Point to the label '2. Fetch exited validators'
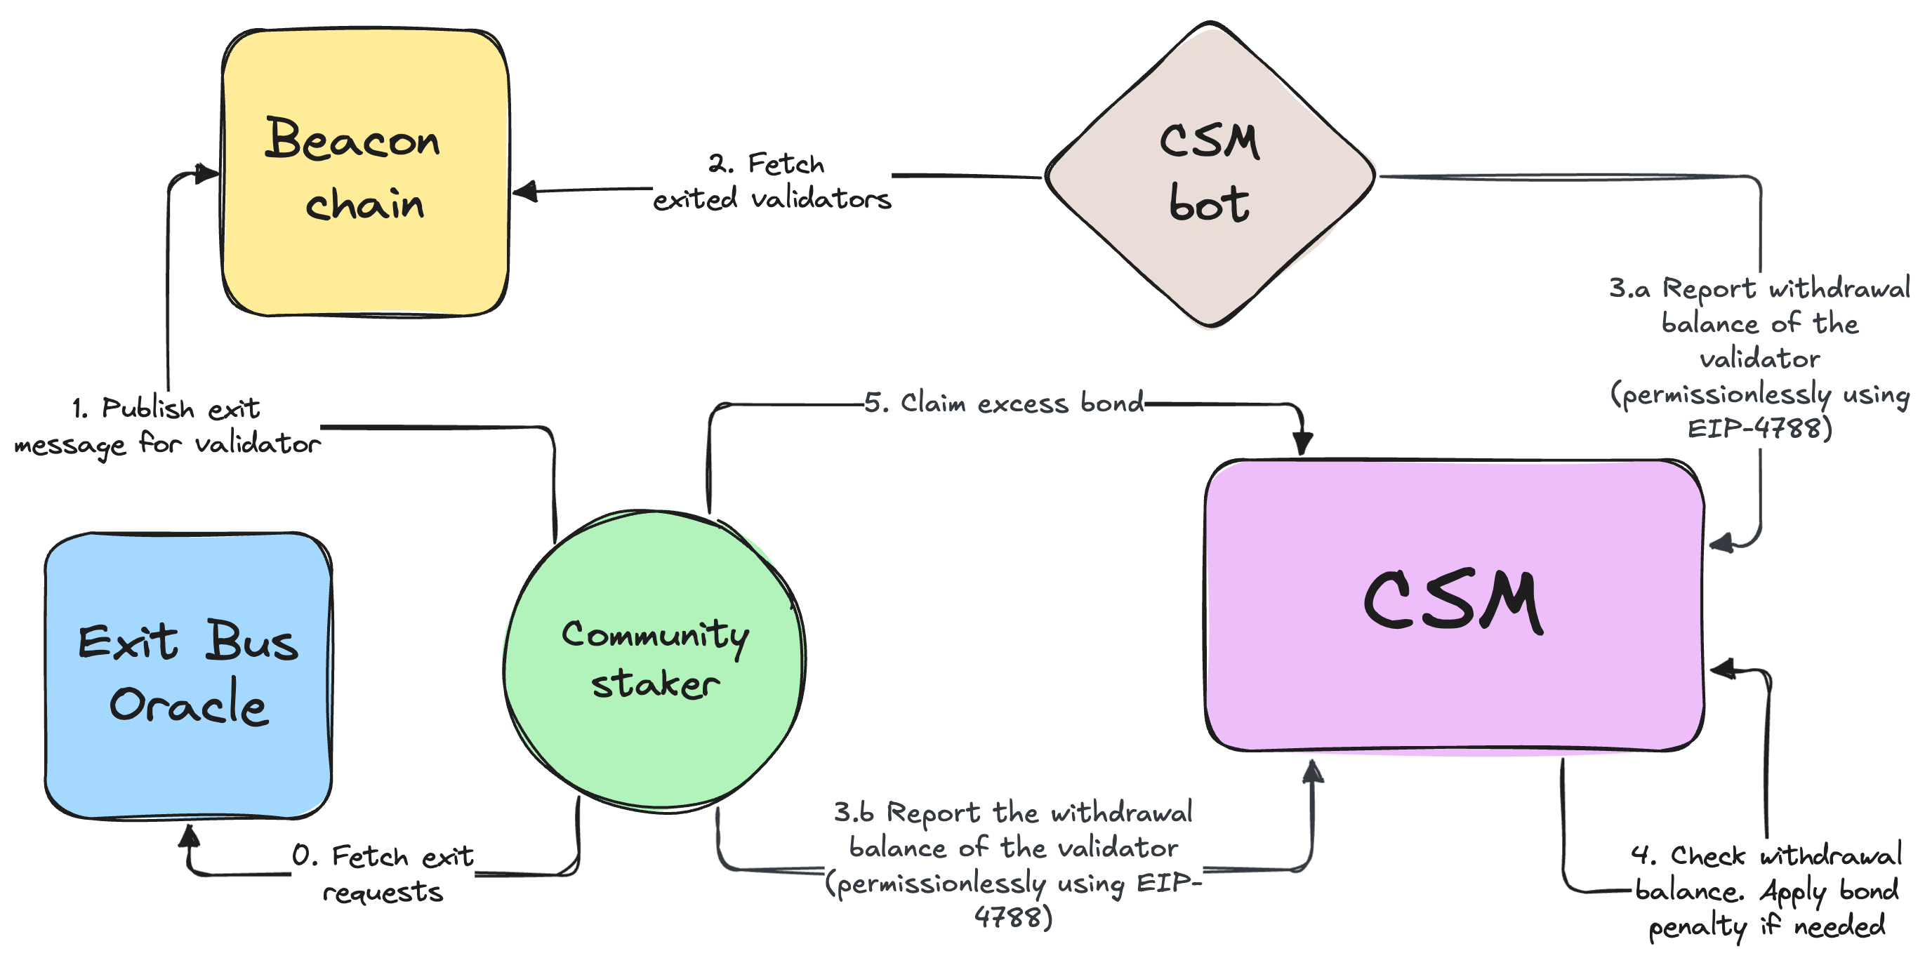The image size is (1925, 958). click(772, 182)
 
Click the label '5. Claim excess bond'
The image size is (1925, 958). click(1004, 404)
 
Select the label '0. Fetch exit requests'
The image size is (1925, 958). click(383, 873)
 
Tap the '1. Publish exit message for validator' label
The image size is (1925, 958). click(167, 426)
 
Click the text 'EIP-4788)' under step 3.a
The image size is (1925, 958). click(1759, 428)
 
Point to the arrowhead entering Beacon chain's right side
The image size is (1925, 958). click(524, 192)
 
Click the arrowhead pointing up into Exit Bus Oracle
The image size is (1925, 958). click(189, 835)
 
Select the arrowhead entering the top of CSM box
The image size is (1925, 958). click(1302, 442)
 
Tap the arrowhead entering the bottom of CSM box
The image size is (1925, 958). click(1313, 771)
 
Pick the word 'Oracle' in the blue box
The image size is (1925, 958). click(188, 704)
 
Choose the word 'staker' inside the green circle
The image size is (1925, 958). click(656, 684)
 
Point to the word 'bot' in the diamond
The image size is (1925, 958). click(1208, 204)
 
